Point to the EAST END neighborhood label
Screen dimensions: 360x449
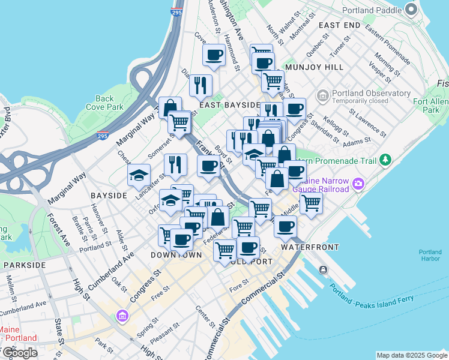point(340,25)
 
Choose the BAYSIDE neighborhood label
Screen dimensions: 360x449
point(109,196)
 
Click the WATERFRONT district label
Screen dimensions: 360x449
point(310,247)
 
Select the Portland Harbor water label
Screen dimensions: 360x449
point(430,255)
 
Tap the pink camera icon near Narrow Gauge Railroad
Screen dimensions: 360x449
point(359,183)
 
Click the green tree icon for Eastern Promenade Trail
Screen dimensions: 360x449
point(385,160)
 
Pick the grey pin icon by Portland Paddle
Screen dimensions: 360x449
point(411,9)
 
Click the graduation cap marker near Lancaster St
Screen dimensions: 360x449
point(139,175)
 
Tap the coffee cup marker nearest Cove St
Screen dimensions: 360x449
point(214,55)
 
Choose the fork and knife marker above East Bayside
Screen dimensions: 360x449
point(200,85)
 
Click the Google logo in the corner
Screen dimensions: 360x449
point(20,353)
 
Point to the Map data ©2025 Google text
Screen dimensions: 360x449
point(411,355)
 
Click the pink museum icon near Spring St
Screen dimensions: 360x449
point(123,315)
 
